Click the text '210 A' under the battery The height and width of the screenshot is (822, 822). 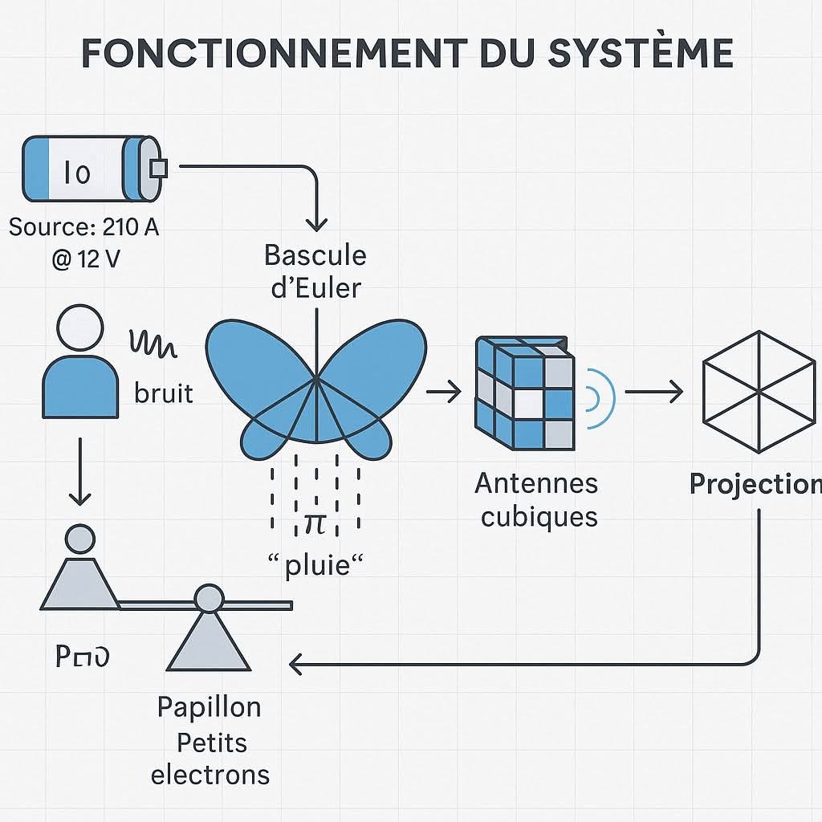[131, 227]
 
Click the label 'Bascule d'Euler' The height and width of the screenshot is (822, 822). [315, 271]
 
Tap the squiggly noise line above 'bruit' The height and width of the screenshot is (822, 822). [153, 344]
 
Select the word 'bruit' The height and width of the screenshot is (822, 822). [165, 393]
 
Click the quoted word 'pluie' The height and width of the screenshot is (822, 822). [315, 565]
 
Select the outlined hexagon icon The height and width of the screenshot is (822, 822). [757, 391]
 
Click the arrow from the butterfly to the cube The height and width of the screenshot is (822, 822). [443, 393]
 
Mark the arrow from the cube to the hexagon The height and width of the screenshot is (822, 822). [653, 393]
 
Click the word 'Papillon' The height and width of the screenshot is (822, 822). [209, 707]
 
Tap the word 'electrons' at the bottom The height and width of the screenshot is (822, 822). [210, 775]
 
